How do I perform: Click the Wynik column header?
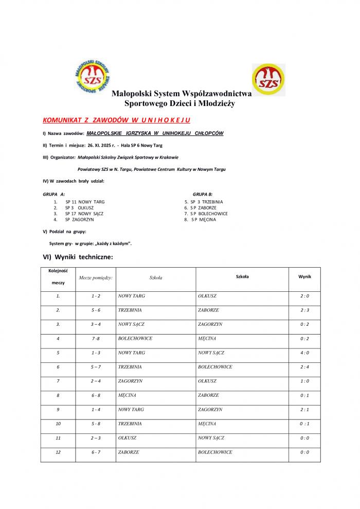pos(304,276)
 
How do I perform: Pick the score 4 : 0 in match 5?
pos(304,353)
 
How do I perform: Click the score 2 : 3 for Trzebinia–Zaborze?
pos(304,310)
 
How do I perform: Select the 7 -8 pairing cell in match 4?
pos(96,339)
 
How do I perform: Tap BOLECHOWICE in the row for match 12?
pos(215,452)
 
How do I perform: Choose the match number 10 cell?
pos(58,424)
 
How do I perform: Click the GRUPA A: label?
pos(54,195)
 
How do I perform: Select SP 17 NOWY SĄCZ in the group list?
pos(84,213)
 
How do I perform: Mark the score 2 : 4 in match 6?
pos(304,367)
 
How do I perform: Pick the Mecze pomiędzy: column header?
pos(96,277)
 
